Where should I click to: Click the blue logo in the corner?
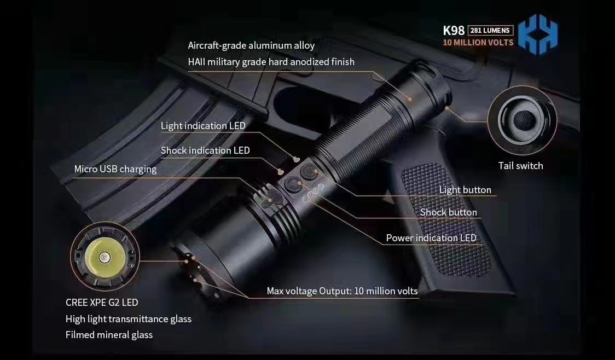click(x=538, y=34)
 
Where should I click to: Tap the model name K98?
click(x=454, y=31)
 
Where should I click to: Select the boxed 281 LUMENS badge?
click(x=490, y=31)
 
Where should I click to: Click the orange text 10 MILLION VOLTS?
click(x=478, y=43)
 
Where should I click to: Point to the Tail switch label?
click(x=521, y=166)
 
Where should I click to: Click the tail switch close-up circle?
click(x=522, y=120)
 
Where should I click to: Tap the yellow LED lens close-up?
click(x=105, y=257)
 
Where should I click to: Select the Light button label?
click(x=465, y=190)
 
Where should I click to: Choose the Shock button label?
click(x=448, y=212)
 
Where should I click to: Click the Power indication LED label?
click(x=431, y=238)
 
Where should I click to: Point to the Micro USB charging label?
click(x=115, y=170)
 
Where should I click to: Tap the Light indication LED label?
click(x=203, y=126)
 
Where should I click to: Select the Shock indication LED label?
click(x=205, y=150)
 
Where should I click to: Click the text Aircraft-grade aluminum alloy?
click(x=251, y=45)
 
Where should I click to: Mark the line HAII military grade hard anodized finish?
click(x=271, y=62)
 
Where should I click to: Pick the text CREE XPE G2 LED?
click(x=102, y=303)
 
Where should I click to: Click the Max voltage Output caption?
click(x=343, y=291)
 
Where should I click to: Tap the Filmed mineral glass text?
click(x=109, y=335)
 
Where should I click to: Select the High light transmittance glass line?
click(x=129, y=319)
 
